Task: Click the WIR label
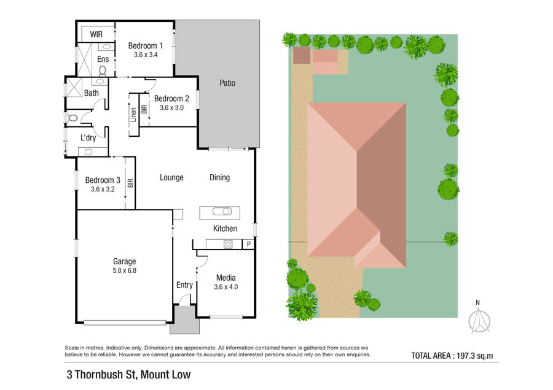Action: pyautogui.click(x=96, y=34)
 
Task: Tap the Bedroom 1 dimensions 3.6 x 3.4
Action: pyautogui.click(x=146, y=55)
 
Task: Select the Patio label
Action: pyautogui.click(x=227, y=83)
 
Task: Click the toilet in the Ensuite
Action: pyautogui.click(x=103, y=71)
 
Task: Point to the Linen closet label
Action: pyautogui.click(x=133, y=115)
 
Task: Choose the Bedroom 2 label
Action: pyautogui.click(x=172, y=99)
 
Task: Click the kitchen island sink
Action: pyautogui.click(x=222, y=212)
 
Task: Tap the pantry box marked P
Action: pyautogui.click(x=249, y=244)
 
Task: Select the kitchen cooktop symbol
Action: pyautogui.click(x=228, y=244)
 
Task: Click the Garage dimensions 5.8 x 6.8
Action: pyautogui.click(x=125, y=270)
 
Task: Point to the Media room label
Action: pyautogui.click(x=226, y=278)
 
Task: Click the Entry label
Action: pyautogui.click(x=184, y=285)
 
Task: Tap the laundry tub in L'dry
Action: pyautogui.click(x=88, y=152)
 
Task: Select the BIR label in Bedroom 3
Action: pyautogui.click(x=130, y=183)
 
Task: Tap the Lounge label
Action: pyautogui.click(x=172, y=178)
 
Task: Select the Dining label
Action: pyautogui.click(x=220, y=178)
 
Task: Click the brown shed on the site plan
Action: pyautogui.click(x=302, y=55)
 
